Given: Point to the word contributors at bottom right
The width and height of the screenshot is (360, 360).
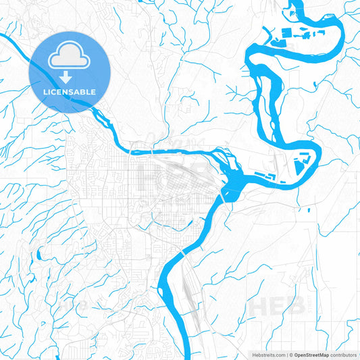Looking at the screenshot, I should click(342, 354).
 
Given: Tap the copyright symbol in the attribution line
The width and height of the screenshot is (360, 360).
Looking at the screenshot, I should click(289, 354).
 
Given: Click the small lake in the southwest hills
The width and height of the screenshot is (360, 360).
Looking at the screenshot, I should click(38, 255).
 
